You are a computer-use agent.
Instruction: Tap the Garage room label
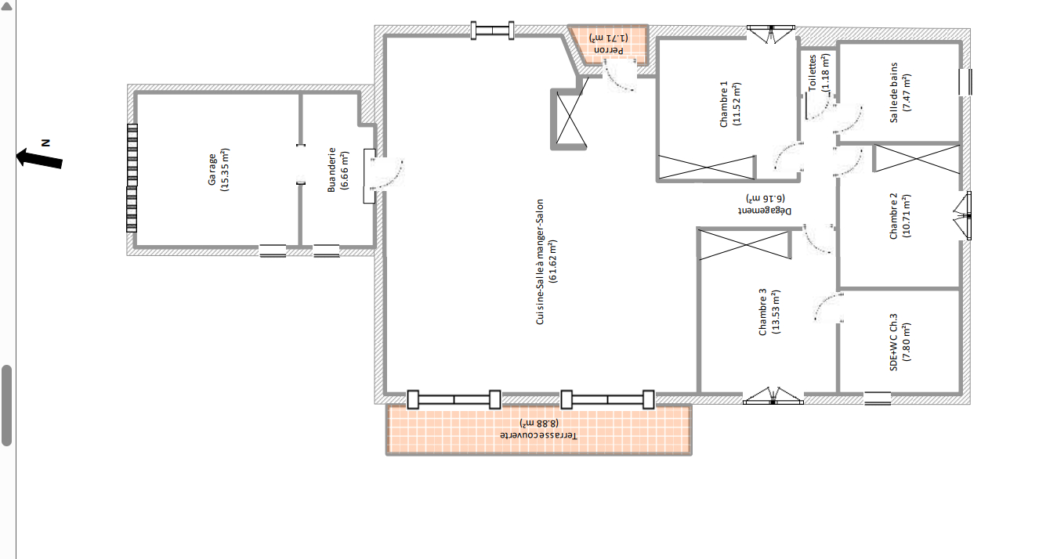219,170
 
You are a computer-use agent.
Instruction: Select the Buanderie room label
338,170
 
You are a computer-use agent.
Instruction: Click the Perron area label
608,43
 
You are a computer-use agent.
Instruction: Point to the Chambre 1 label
730,103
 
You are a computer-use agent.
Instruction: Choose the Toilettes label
819,73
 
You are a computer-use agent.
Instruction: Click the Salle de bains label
900,93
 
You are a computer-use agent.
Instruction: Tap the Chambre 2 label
900,216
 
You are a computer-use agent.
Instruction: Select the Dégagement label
765,204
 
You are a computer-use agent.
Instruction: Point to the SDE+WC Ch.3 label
900,342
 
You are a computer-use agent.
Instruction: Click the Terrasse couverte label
538,429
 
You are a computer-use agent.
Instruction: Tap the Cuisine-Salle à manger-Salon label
546,261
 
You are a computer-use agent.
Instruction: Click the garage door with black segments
132,178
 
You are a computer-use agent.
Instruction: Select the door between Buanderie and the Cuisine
383,175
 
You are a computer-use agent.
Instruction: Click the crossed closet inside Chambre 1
707,168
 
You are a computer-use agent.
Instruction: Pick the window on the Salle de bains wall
965,82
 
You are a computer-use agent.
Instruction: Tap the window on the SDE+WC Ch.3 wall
878,399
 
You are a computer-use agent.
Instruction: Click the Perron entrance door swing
619,74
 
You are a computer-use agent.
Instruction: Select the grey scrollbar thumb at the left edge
6,406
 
